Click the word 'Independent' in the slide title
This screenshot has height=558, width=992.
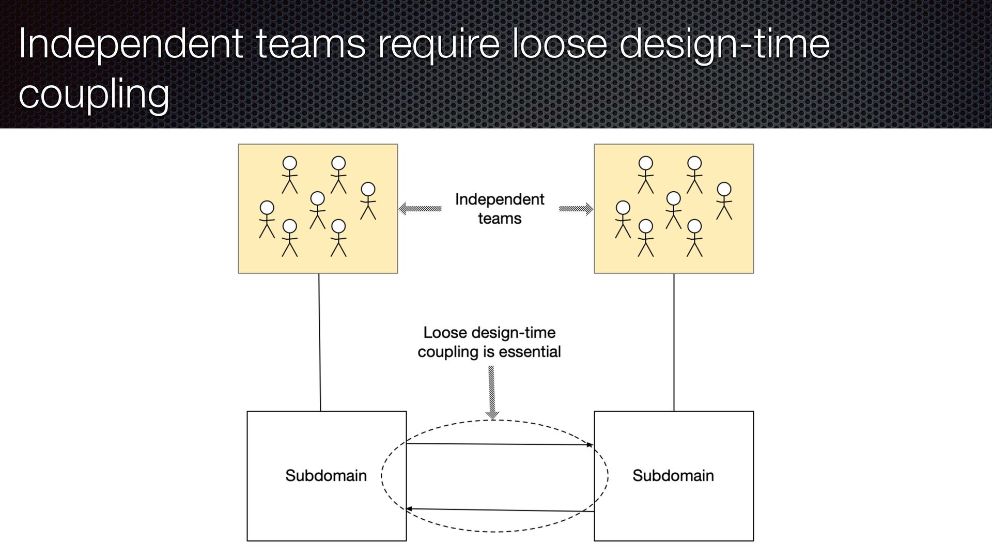[130, 45]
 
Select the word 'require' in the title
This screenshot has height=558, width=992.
[439, 45]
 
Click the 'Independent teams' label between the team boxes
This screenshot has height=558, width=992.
[499, 209]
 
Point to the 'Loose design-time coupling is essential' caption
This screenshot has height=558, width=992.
[489, 342]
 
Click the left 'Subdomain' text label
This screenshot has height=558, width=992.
[326, 475]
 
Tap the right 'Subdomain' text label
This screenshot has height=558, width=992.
[673, 475]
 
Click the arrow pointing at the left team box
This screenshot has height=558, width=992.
[420, 209]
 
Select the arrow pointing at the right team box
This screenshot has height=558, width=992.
[576, 209]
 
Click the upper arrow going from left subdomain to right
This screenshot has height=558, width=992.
[499, 444]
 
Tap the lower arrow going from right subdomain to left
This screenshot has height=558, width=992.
[499, 510]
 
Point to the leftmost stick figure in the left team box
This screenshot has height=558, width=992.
[267, 219]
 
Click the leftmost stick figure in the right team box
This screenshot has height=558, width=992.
[623, 219]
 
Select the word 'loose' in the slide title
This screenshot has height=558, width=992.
[559, 45]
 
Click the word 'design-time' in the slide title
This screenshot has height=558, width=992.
[724, 45]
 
